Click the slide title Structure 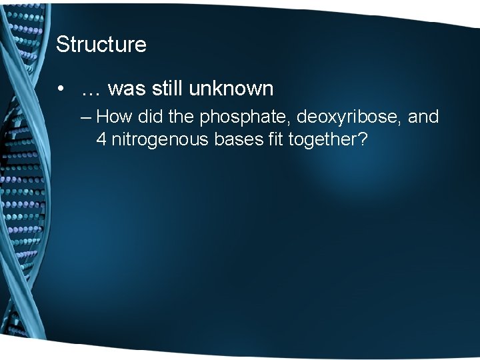[x=101, y=45]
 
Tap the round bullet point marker [x=61, y=89]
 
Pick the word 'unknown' [x=230, y=88]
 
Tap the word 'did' [x=152, y=117]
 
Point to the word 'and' [x=423, y=117]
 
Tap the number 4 [x=101, y=140]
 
